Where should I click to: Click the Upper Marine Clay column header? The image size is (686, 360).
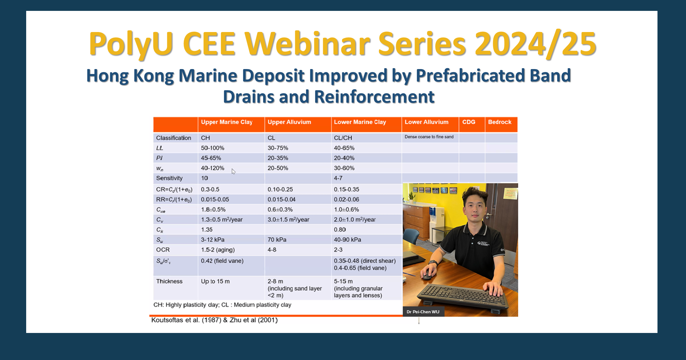coord(226,122)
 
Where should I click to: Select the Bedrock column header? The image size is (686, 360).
coord(500,122)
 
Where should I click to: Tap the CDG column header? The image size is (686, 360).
coord(468,122)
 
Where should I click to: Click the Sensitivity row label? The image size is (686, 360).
coord(169,178)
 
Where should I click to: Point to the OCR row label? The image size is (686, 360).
coord(163,250)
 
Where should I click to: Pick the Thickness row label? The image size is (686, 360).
coord(169,281)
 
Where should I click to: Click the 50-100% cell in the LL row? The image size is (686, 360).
coord(213,148)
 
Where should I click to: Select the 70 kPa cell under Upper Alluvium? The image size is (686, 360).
coord(277,240)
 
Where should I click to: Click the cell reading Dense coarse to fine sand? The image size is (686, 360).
coord(429,137)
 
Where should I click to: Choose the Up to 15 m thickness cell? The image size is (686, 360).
coord(215,281)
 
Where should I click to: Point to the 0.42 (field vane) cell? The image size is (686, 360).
coord(222,261)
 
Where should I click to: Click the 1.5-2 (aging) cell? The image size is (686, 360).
coord(218,250)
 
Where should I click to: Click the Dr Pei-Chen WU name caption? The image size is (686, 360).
coord(423,312)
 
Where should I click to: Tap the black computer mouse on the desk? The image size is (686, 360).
coord(427,275)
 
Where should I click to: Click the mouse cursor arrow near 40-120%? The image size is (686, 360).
coord(233,171)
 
